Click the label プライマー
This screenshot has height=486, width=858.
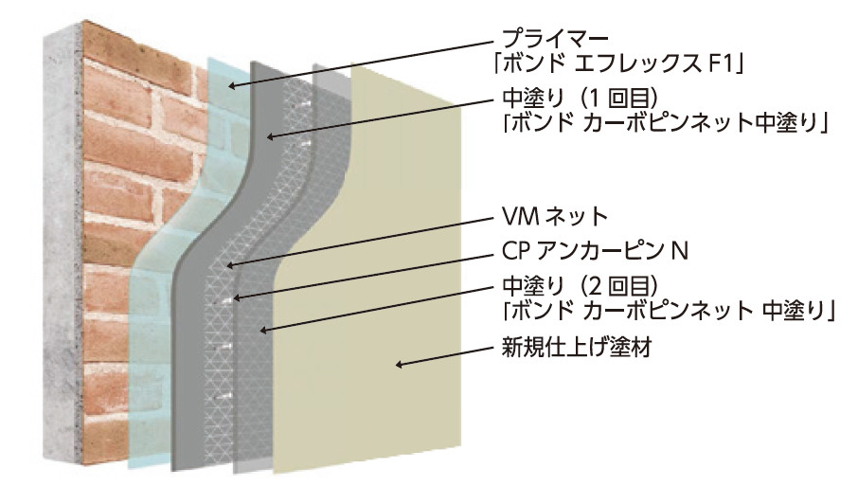tap(555, 39)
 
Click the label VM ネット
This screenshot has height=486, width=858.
tap(555, 217)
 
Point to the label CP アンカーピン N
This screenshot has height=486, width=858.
tap(595, 251)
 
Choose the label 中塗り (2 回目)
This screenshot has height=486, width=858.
tap(579, 285)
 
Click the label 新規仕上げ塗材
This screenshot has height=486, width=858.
tap(577, 347)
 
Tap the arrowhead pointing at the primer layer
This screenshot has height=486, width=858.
tap(232, 85)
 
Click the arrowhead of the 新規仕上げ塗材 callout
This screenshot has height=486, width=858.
tap(399, 364)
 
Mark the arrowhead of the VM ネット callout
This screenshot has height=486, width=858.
tap(230, 266)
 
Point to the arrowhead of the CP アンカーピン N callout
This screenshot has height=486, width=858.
tap(236, 297)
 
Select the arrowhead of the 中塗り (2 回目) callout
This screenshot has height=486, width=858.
tap(263, 330)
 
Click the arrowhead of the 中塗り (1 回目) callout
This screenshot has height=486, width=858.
tap(270, 136)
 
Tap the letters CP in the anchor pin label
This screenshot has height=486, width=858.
tap(515, 251)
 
